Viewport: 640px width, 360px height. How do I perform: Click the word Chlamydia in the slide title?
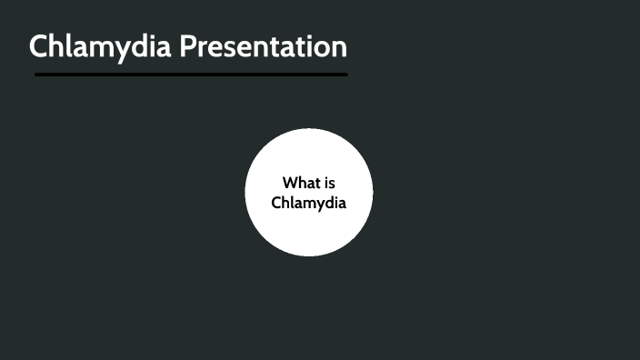click(100, 46)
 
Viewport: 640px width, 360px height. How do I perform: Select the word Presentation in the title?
click(263, 46)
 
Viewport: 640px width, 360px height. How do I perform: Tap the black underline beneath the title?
click(191, 74)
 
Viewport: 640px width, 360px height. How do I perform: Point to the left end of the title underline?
click(36, 74)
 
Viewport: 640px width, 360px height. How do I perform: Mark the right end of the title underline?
click(345, 74)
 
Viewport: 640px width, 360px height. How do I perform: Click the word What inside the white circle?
click(301, 183)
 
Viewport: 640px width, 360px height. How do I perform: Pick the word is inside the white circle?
click(329, 183)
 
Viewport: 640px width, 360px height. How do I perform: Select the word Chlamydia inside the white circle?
click(309, 202)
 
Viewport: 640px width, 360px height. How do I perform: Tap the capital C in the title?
click(40, 46)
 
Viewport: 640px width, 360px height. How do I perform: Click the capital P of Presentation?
click(187, 46)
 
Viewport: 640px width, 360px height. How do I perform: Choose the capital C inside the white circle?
click(276, 202)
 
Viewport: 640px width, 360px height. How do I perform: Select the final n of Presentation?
click(338, 48)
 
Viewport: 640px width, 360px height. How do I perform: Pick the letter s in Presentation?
click(234, 48)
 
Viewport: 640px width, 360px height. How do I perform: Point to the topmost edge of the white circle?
click(309, 130)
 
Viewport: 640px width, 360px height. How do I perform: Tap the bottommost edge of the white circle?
click(309, 255)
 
